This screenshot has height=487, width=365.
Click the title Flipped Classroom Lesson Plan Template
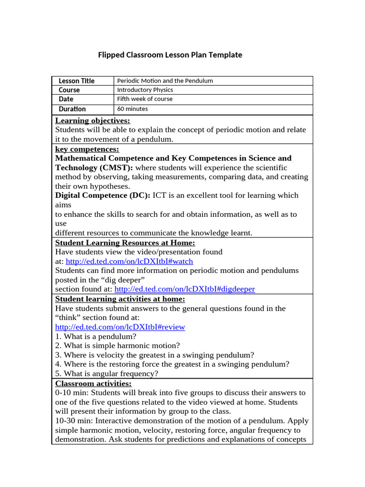click(170, 55)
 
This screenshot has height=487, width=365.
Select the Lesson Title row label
click(76, 81)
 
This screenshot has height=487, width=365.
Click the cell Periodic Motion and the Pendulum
click(165, 81)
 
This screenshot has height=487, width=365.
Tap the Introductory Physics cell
click(145, 90)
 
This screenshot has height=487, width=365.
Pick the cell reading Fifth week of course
click(144, 99)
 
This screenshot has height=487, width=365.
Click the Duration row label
click(72, 109)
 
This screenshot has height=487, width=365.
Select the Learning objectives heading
click(93, 121)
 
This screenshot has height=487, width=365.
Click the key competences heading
click(87, 149)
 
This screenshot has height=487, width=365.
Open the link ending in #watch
click(129, 262)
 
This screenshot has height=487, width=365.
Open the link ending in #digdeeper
click(184, 289)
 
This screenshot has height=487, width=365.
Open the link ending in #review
click(120, 327)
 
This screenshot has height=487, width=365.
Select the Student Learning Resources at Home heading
click(125, 243)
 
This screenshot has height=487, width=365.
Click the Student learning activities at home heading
click(120, 299)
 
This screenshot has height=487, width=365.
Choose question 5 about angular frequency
click(106, 374)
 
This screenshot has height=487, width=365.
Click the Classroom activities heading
click(93, 383)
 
